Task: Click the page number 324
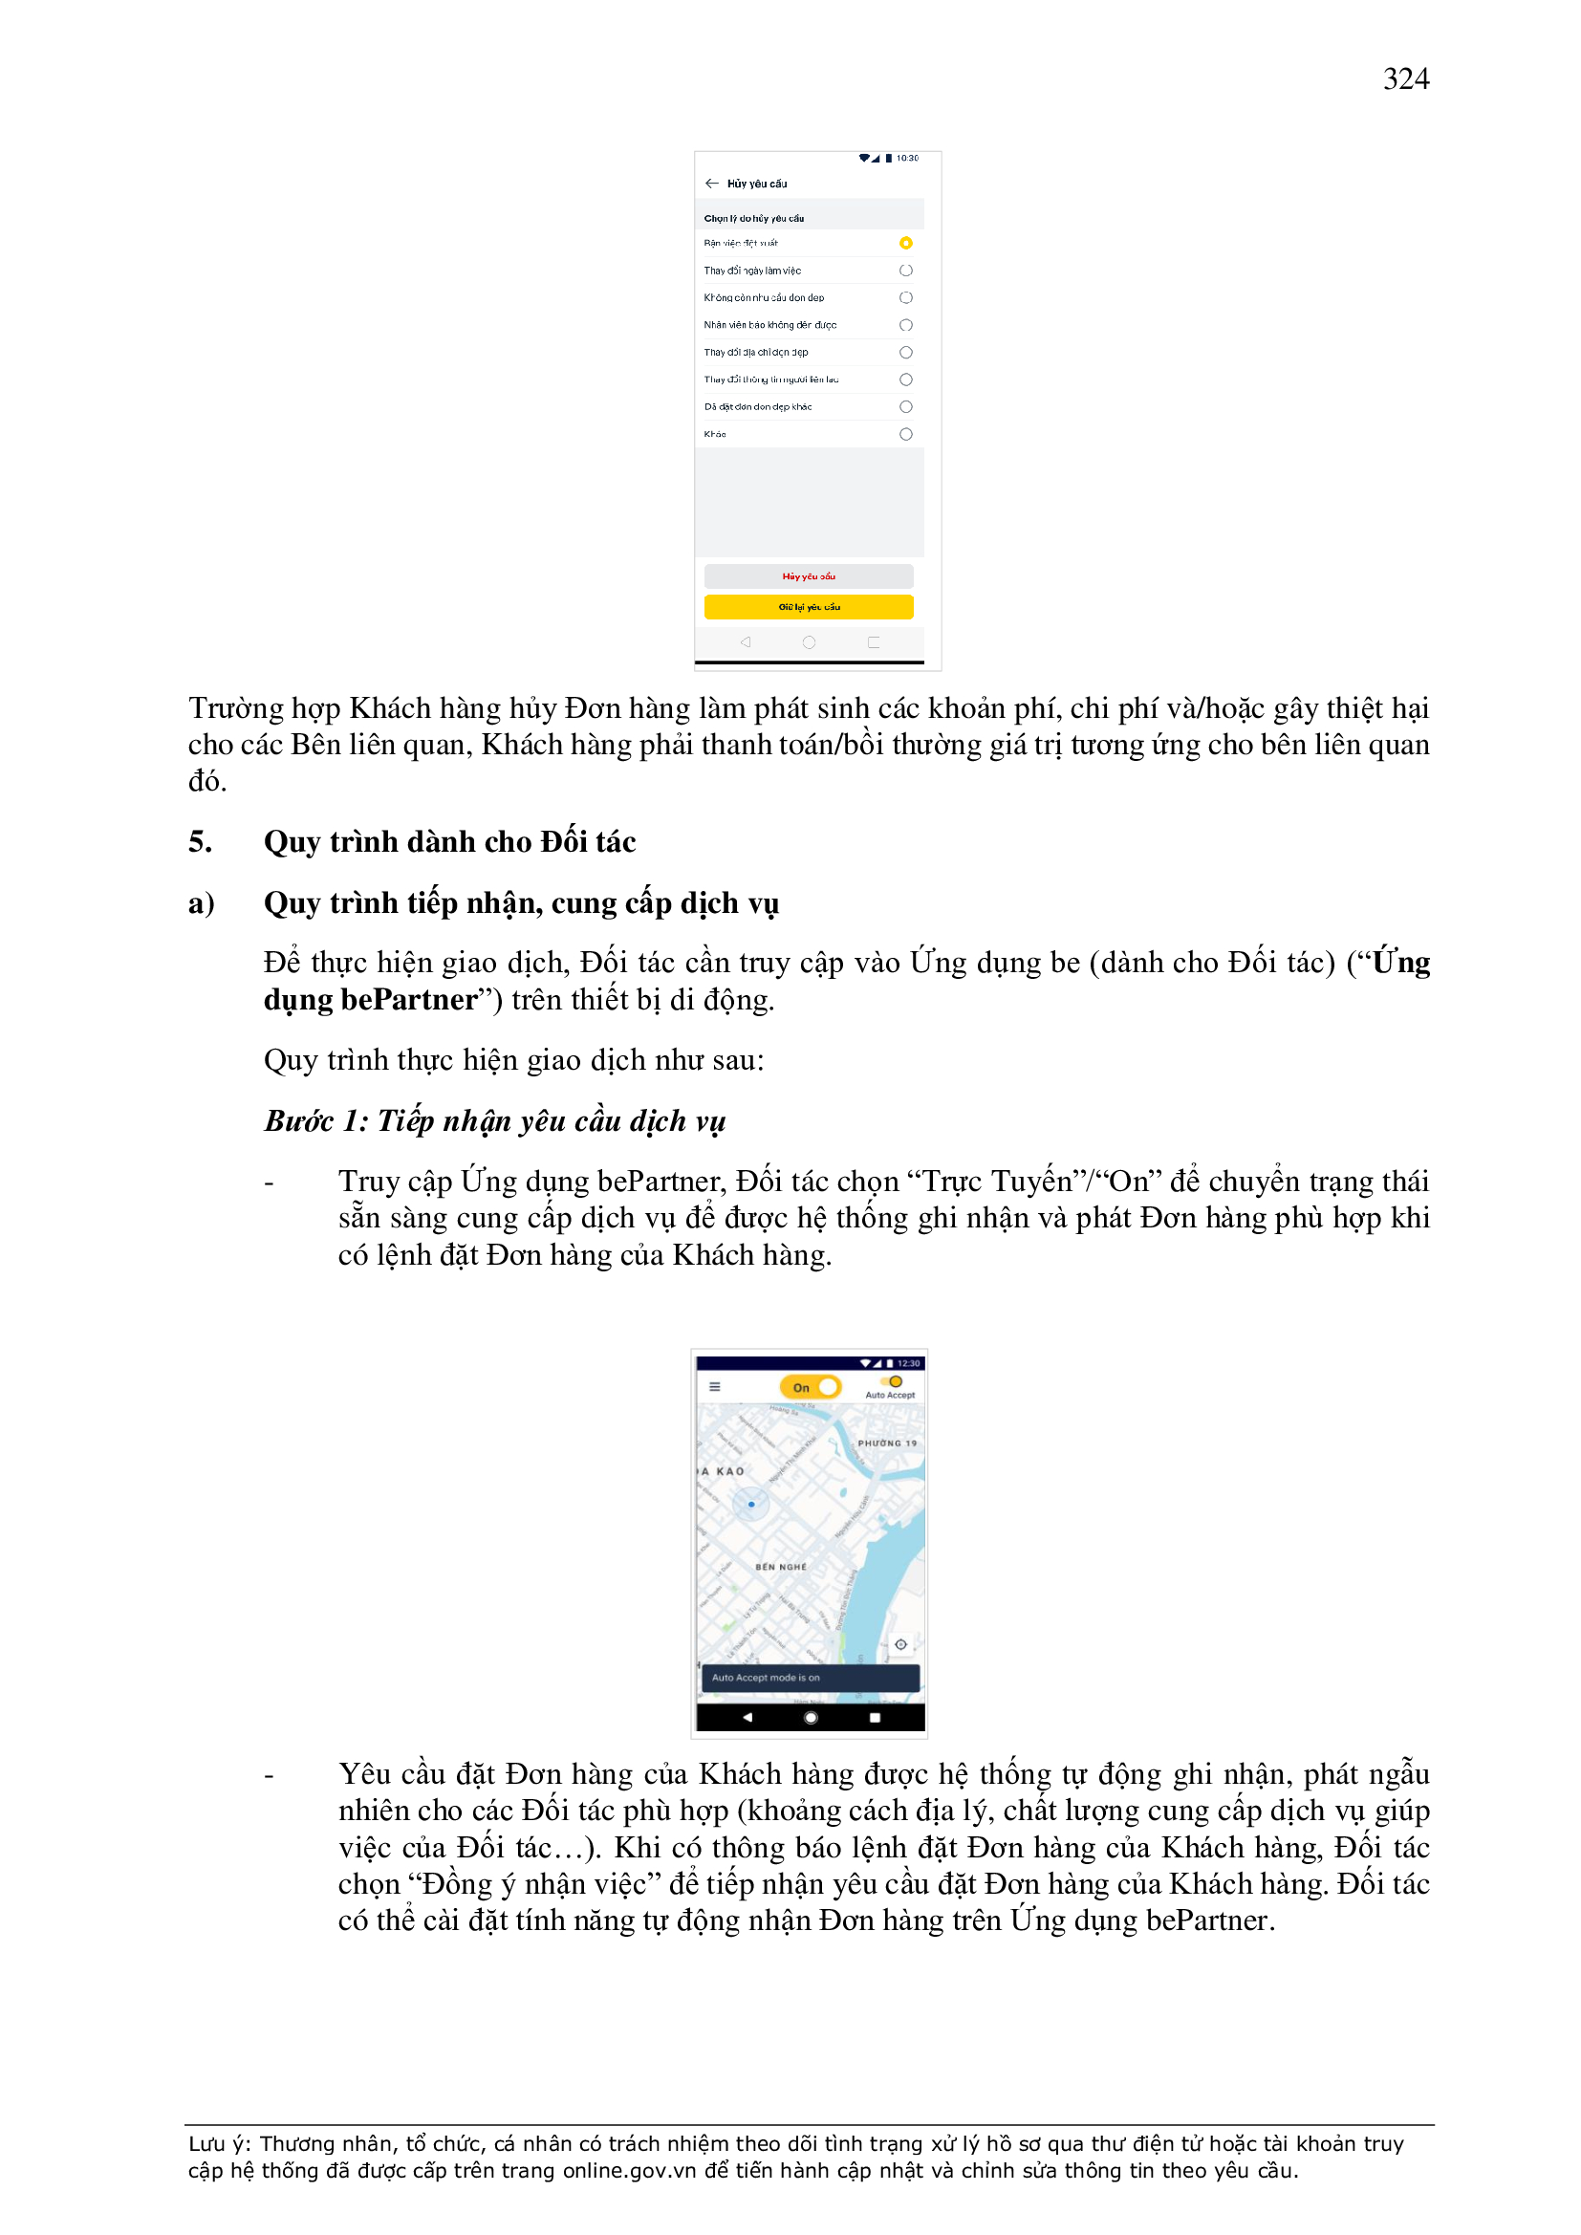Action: click(x=1405, y=78)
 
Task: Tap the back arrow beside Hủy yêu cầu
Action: click(x=712, y=183)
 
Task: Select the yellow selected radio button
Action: click(x=905, y=244)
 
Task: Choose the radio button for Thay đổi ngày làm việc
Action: click(x=905, y=271)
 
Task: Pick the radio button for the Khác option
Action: click(x=905, y=434)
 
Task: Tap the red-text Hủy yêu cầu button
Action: click(x=808, y=576)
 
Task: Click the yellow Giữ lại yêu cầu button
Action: click(x=808, y=606)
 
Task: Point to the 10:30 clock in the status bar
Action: click(x=907, y=158)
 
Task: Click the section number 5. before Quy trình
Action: click(x=201, y=841)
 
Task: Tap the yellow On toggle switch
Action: click(x=810, y=1387)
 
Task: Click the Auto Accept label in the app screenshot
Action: click(x=890, y=1395)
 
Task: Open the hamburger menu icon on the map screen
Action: click(x=715, y=1387)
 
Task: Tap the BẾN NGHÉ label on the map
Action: click(x=781, y=1566)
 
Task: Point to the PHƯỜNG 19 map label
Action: click(x=886, y=1443)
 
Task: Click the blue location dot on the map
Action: click(x=750, y=1504)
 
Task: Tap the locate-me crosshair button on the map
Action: click(x=900, y=1644)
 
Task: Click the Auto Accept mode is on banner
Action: click(x=810, y=1678)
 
